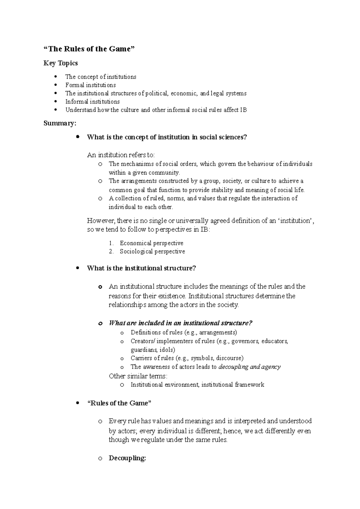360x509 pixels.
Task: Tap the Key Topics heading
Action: click(61, 63)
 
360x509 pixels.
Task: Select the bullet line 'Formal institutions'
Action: click(90, 85)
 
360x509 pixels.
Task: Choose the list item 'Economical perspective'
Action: click(151, 243)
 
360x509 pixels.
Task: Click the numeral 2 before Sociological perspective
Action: click(111, 252)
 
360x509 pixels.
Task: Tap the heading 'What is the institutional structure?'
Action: click(141, 268)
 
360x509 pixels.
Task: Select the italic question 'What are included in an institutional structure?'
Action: click(180, 323)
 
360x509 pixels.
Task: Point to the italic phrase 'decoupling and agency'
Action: click(250, 367)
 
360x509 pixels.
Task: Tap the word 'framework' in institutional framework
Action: click(250, 385)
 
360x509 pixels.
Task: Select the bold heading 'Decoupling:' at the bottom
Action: click(127, 458)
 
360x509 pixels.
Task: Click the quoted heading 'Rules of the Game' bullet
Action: click(119, 403)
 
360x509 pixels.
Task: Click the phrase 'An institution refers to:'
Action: click(121, 155)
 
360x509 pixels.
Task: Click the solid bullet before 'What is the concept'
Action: click(78, 137)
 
